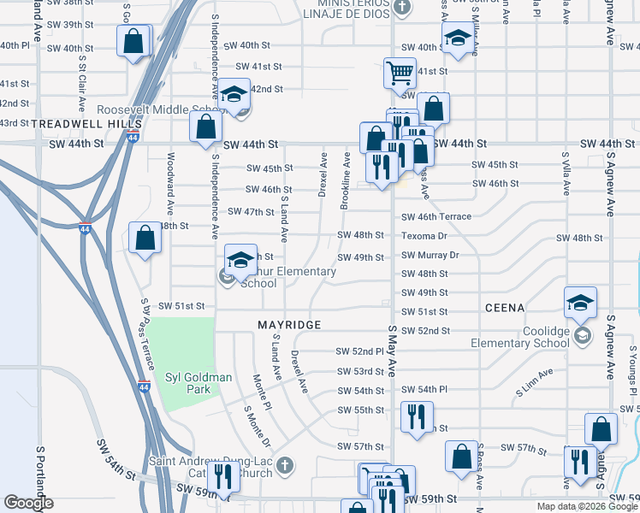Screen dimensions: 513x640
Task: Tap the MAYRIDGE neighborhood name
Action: [x=290, y=325]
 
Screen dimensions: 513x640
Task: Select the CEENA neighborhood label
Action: [x=504, y=307]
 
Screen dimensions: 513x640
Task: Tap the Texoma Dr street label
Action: [x=424, y=236]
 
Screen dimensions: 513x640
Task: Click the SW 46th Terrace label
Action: [x=436, y=217]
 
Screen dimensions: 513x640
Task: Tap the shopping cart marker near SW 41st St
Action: [x=400, y=72]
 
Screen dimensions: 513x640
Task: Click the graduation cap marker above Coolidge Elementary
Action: [x=580, y=302]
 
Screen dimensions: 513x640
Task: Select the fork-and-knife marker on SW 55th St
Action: [x=417, y=417]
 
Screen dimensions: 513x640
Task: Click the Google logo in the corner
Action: [x=28, y=503]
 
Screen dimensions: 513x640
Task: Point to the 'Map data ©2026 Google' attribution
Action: [x=586, y=506]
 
